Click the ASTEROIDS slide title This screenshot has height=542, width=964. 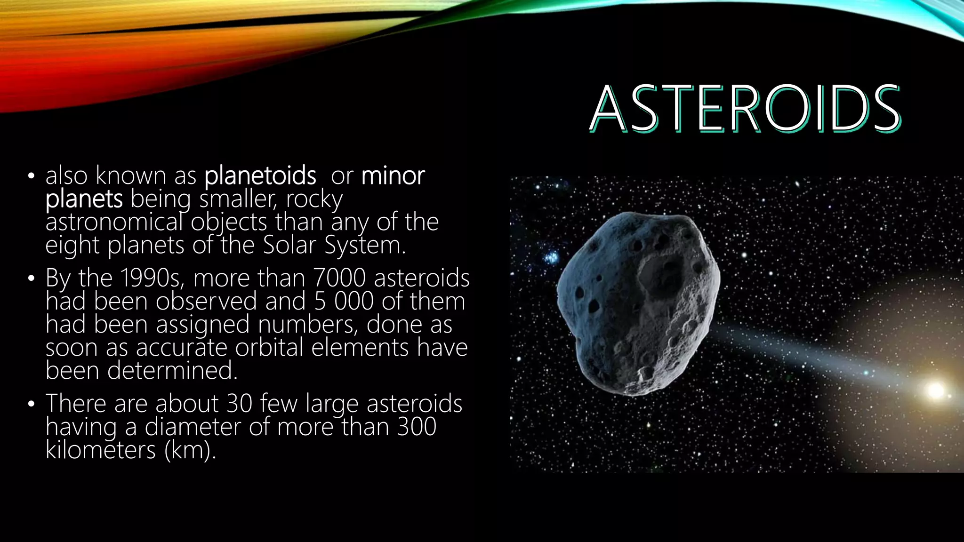coord(745,109)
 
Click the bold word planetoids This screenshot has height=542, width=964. coord(260,176)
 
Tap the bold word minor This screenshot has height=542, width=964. coord(393,176)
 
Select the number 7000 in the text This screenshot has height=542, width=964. coord(339,278)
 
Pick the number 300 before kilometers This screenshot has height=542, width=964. coord(417,427)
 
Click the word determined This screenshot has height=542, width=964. coord(171,370)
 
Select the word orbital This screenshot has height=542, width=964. coord(269,348)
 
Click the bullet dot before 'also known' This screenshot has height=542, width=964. coord(31,177)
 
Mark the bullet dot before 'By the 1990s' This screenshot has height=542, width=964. coord(31,279)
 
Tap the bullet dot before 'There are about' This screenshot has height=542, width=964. coord(31,404)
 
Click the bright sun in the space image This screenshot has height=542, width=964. coord(935,390)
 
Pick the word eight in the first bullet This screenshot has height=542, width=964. coord(72,245)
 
